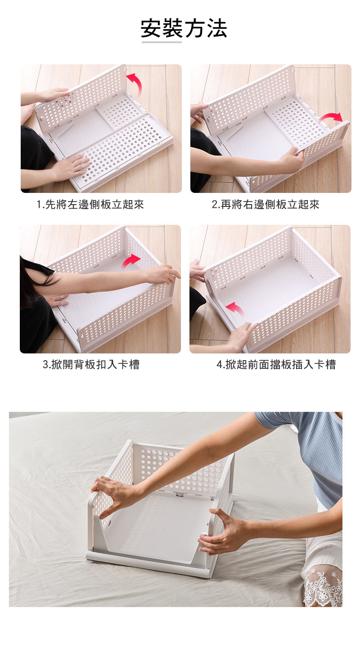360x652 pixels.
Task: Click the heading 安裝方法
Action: [184, 28]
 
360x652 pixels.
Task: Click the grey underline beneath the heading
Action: [162, 42]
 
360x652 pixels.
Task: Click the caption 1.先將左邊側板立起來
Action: [90, 205]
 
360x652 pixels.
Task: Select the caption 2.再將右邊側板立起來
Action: [265, 205]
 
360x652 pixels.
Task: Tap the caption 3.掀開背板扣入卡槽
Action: [91, 364]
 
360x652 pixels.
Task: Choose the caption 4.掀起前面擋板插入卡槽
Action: [276, 364]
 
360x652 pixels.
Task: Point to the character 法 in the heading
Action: [217, 28]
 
